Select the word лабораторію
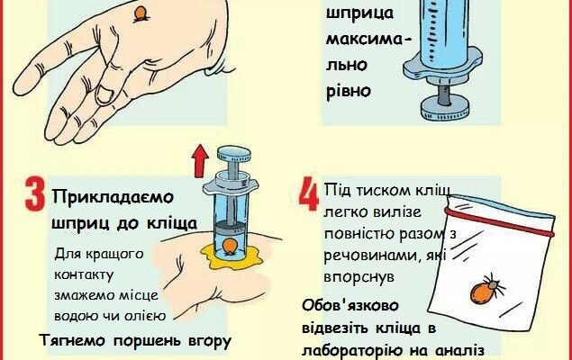[x=372, y=352]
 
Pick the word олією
[x=142, y=314]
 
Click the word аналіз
[x=459, y=352]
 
